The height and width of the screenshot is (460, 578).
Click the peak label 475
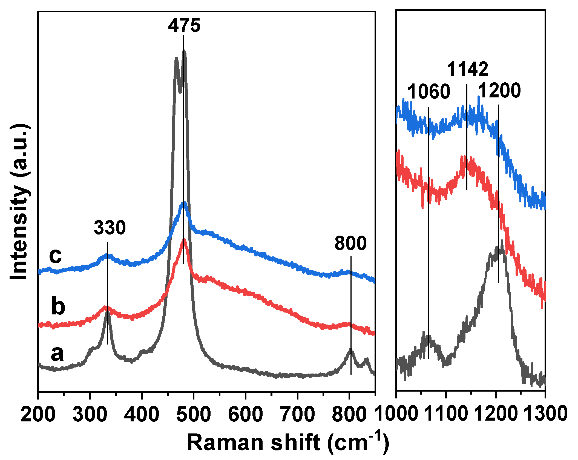click(x=184, y=25)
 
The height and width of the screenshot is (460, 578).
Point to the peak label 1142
click(x=468, y=69)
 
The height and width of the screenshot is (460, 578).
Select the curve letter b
click(x=58, y=306)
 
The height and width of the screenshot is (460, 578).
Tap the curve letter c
click(x=55, y=256)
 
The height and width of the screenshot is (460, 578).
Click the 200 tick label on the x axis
click(x=38, y=414)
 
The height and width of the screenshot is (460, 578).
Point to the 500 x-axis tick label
click(x=194, y=414)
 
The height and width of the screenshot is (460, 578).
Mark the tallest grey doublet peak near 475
click(x=184, y=51)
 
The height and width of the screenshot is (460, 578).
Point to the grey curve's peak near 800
click(x=350, y=350)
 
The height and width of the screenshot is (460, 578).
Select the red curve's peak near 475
click(x=184, y=240)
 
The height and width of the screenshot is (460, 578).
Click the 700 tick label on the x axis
click(x=298, y=414)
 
